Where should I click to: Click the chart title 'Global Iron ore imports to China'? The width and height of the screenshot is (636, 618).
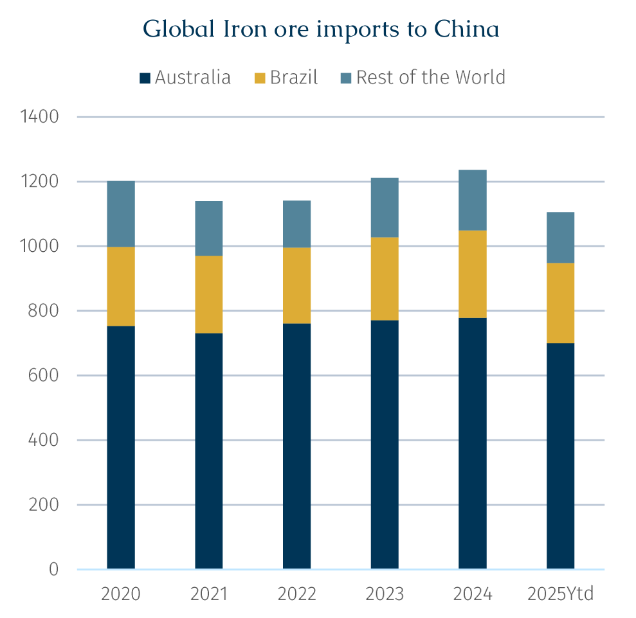click(x=321, y=29)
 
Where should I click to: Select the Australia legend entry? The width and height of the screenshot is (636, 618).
click(x=185, y=78)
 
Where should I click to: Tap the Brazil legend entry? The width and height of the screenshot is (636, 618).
click(x=286, y=78)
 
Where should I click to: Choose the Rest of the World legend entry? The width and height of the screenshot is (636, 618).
click(x=422, y=78)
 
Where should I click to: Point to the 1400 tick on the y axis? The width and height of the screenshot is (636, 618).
click(x=40, y=117)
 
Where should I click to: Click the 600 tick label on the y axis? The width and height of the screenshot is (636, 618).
click(x=44, y=375)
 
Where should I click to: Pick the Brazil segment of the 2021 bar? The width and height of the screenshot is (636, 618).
click(x=209, y=294)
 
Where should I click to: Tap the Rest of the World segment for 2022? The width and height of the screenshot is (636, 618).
click(x=296, y=224)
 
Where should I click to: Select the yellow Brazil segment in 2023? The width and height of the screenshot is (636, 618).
click(x=385, y=278)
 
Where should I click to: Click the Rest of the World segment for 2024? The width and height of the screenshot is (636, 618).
click(x=473, y=200)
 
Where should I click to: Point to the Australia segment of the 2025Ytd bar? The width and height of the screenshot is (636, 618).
click(x=560, y=456)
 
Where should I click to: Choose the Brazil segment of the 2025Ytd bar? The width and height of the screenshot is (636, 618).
click(x=560, y=303)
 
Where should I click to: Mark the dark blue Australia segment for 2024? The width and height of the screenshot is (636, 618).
click(x=473, y=443)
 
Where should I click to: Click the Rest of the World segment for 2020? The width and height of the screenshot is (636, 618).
click(x=121, y=214)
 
